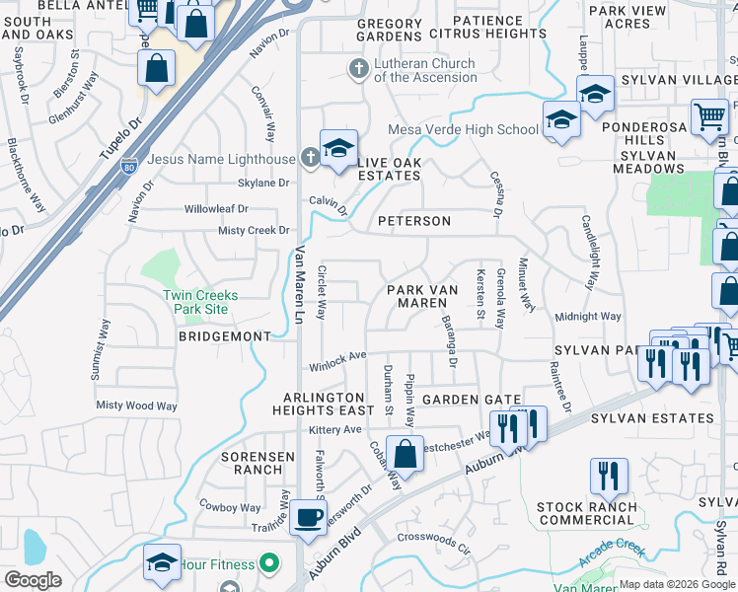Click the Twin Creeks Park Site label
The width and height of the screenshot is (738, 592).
195,302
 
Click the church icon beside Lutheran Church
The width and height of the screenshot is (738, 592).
358,69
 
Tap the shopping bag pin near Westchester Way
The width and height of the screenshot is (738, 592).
405,455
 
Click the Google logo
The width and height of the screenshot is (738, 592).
34,579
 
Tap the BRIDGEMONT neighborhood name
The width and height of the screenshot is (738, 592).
224,336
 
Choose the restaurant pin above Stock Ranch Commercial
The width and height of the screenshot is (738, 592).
609,477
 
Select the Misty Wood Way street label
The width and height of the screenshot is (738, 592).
136,406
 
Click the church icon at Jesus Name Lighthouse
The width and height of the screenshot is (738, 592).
309,158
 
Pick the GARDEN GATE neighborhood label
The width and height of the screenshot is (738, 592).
472,400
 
